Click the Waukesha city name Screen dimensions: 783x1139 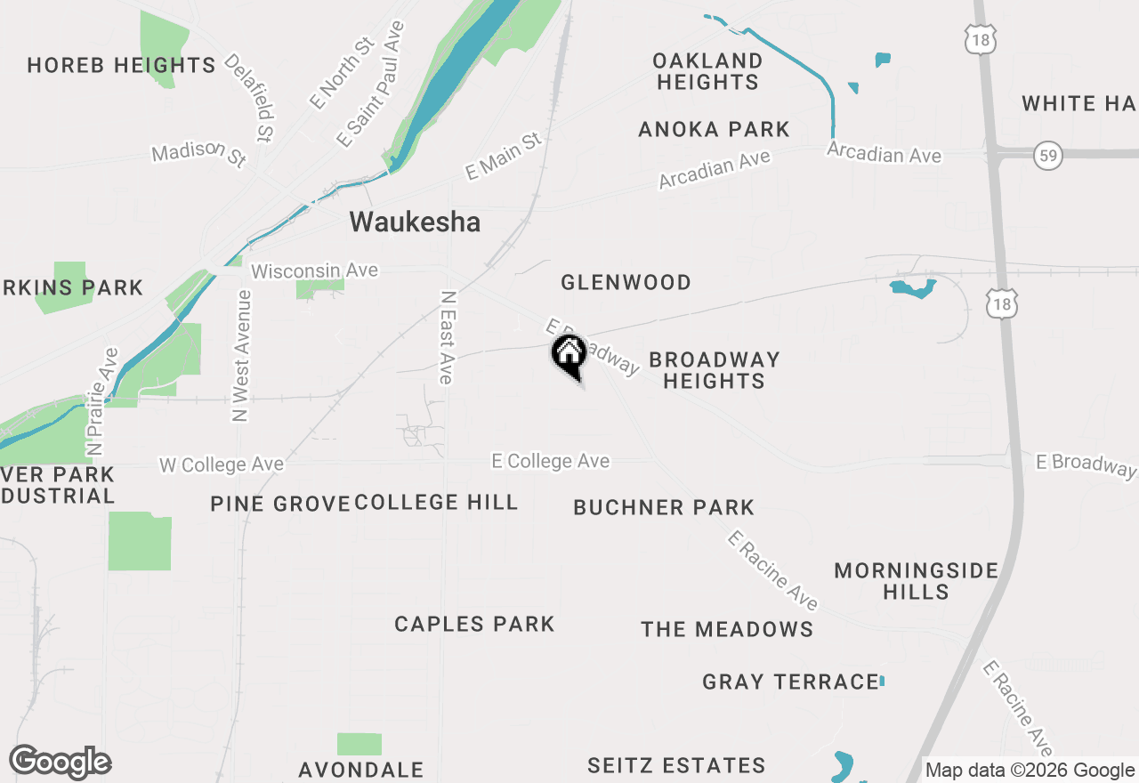(415, 222)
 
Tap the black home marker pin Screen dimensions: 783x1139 (569, 356)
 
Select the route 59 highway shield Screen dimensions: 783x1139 (1049, 157)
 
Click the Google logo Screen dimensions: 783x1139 (60, 763)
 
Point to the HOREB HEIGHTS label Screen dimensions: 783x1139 (121, 65)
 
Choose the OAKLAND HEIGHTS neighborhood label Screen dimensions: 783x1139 (707, 71)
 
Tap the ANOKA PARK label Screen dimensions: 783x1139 (714, 129)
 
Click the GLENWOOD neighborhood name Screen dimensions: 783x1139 (626, 282)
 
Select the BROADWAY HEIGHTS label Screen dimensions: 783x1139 (714, 370)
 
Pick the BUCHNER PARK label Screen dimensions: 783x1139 (664, 507)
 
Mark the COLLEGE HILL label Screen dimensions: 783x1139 (436, 502)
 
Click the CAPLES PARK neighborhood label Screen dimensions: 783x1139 (474, 624)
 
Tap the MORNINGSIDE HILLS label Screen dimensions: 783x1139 (916, 581)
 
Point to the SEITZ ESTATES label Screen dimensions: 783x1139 (676, 765)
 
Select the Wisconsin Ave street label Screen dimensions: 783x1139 (314, 270)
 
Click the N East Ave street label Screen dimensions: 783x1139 (447, 337)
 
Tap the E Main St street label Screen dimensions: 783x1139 (503, 157)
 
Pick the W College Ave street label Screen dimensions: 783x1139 (222, 464)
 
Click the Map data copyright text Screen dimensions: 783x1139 (1030, 771)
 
